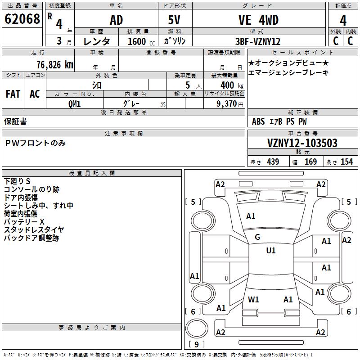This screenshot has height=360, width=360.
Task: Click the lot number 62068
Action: tap(22, 19)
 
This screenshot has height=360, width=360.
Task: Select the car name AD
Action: tap(117, 20)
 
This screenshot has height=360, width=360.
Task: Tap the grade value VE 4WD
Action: tap(258, 20)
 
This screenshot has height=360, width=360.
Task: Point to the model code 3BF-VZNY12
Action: tap(258, 41)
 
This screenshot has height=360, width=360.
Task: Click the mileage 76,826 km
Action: tap(55, 65)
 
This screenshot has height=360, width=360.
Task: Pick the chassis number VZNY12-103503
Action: tap(302, 143)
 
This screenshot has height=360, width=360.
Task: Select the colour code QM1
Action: tap(74, 104)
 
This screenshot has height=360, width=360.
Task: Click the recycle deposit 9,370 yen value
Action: tap(230, 104)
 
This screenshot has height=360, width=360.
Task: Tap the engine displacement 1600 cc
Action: tap(141, 41)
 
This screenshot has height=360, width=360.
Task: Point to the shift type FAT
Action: tap(13, 94)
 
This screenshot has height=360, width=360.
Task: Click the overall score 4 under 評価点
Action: tap(343, 20)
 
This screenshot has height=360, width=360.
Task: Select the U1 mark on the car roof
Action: tap(271, 250)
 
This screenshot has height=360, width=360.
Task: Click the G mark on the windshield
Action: tap(257, 237)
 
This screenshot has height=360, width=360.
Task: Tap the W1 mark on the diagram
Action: tap(253, 299)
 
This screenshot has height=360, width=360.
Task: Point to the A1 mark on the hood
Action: tap(251, 216)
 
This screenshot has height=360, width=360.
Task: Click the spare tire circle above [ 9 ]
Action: tap(197, 328)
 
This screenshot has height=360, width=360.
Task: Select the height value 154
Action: tap(346, 162)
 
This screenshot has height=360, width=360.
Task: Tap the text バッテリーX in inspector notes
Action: tap(24, 222)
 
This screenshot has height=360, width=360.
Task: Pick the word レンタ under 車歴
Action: tap(97, 41)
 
